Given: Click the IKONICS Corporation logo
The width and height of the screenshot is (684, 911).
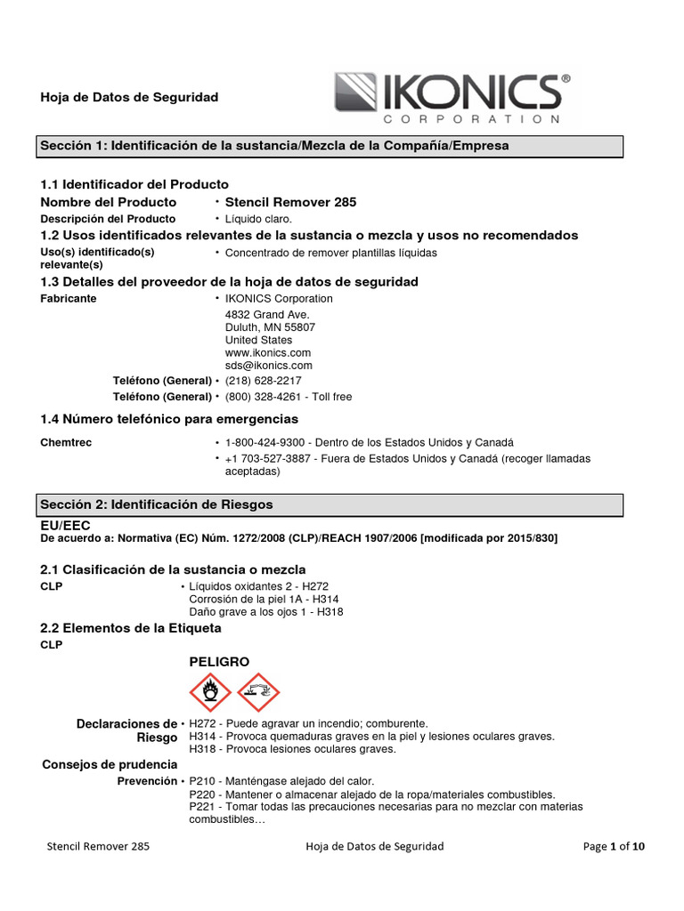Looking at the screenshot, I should tap(452, 98).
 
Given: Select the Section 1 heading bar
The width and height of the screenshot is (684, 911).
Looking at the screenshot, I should tap(330, 145).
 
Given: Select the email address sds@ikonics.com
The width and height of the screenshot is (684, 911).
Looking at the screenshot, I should tap(268, 365).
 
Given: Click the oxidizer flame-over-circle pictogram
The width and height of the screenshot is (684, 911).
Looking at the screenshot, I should tap(210, 691).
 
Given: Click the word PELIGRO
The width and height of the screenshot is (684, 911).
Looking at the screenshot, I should tap(219, 662).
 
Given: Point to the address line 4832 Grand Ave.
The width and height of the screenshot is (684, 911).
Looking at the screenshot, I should tap(267, 315).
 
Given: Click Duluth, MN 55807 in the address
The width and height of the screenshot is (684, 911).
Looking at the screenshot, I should tap(270, 327).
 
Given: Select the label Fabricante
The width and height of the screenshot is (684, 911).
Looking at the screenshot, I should tap(69, 299).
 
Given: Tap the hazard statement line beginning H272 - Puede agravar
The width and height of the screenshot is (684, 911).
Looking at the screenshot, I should tap(308, 723).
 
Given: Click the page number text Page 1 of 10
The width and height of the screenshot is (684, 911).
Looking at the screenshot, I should tap(614, 847).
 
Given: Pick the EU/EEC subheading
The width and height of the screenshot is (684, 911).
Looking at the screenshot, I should tap(65, 526).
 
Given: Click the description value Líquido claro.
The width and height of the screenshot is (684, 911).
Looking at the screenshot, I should tap(258, 219).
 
